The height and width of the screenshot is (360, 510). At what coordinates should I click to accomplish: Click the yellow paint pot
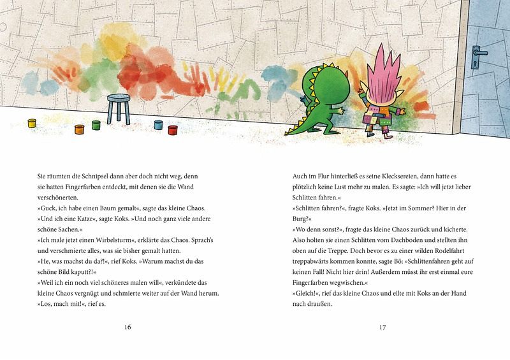pos(32,123)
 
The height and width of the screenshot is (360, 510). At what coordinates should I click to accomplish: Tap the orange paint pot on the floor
pos(80,129)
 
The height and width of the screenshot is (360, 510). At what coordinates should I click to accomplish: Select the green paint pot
pos(96,125)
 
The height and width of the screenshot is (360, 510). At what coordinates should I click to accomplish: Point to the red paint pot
pos(173,130)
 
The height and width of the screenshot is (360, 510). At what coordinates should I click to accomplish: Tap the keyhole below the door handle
pos(476,64)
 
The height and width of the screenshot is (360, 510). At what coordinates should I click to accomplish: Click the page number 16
pos(127,328)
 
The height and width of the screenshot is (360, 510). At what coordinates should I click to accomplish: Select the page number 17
pos(382,328)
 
